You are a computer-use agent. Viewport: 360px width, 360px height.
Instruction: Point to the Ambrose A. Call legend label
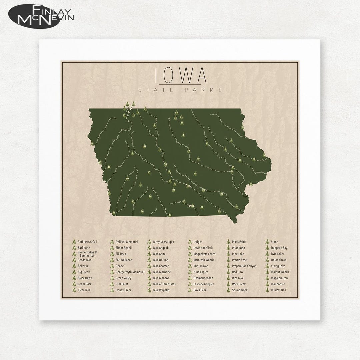87,242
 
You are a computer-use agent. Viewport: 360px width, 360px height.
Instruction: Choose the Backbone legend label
84,248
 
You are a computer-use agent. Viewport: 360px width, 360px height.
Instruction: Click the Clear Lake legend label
84,290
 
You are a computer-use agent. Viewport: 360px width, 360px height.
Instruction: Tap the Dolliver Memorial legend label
127,242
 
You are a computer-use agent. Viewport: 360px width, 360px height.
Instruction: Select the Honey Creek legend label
123,290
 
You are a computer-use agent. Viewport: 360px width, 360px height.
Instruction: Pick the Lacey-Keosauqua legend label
163,242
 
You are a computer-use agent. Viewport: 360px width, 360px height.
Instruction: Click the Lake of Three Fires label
164,284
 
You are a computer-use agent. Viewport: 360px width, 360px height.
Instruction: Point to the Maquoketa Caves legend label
204,254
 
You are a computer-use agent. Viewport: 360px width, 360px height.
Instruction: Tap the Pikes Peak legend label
200,290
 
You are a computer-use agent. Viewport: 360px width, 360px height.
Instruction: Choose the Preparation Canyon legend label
244,266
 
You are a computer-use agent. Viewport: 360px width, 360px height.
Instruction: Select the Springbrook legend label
240,290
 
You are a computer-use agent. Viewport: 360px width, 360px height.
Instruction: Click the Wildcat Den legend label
278,290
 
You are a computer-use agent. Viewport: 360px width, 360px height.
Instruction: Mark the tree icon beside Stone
267,242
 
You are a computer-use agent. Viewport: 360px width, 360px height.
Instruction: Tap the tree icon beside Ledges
190,242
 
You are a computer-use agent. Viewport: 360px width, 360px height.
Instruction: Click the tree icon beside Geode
112,266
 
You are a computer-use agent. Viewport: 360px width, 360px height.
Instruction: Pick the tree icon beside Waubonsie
267,284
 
